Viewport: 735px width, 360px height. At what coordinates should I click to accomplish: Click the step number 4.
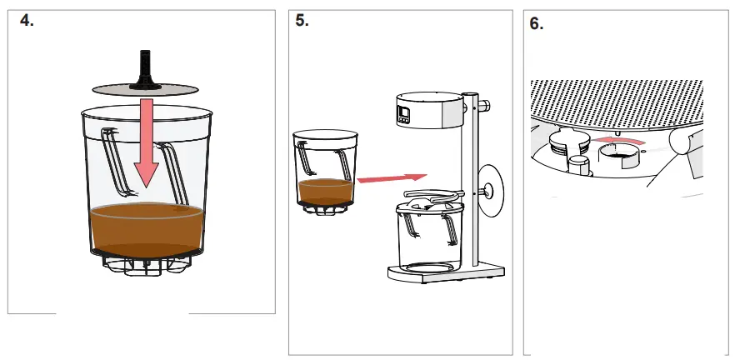[27, 22]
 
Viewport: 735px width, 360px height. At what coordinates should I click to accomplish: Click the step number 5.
[302, 22]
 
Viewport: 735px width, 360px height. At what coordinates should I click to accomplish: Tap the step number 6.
[537, 24]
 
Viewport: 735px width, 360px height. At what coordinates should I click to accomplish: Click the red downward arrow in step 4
[147, 142]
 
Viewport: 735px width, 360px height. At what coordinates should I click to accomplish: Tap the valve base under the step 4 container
[147, 263]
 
